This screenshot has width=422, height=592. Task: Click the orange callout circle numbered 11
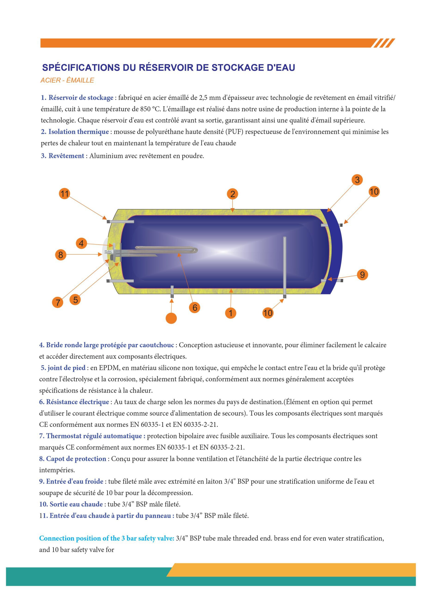64,194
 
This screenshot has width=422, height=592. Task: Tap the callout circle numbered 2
232,194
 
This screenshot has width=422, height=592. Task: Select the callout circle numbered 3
357,180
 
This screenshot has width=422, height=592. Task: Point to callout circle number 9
362,275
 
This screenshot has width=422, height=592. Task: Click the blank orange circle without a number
171,318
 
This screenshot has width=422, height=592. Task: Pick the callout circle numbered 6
195,308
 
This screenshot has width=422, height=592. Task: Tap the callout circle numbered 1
231,313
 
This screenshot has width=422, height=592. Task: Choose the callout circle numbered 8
61,255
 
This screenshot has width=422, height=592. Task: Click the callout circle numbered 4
81,244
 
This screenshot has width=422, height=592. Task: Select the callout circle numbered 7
58,302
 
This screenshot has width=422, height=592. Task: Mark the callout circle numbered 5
75,300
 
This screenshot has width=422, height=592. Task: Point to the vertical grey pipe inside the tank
285,265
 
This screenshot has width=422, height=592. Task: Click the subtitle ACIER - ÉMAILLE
67,80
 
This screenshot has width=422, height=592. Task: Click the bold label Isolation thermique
79,132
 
